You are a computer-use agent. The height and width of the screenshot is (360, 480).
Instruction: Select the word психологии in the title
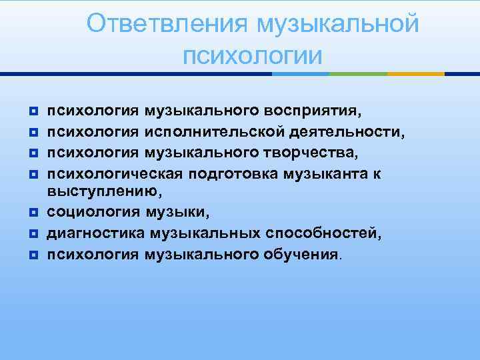tap(253, 55)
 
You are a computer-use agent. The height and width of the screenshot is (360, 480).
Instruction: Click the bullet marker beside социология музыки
tap(35, 213)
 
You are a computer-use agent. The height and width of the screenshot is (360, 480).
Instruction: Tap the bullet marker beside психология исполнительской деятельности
tap(35, 131)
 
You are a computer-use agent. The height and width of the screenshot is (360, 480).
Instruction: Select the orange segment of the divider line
tap(416, 73)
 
